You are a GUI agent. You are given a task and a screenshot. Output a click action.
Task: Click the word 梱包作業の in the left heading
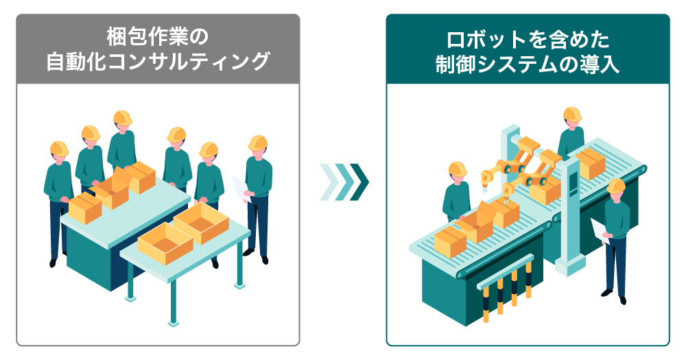tap(158, 37)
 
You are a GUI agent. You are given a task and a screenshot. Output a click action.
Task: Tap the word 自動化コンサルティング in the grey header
tap(158, 61)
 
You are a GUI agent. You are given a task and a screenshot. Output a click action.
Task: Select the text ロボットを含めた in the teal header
tap(528, 40)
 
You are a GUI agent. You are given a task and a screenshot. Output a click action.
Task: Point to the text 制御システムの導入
tap(528, 64)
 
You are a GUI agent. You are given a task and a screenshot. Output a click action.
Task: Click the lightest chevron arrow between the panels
tap(329, 182)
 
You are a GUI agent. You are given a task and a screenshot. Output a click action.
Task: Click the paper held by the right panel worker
tap(600, 230)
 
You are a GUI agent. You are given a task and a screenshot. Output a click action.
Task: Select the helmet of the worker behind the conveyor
tap(572, 114)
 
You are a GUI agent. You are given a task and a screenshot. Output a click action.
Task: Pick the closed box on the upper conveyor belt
tap(590, 163)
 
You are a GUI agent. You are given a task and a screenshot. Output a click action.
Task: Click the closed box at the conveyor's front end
tap(450, 242)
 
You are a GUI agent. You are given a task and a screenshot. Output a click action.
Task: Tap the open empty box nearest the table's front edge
tap(165, 243)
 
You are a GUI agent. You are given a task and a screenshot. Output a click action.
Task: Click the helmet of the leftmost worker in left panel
tap(59, 148)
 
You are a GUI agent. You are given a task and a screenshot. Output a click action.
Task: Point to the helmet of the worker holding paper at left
tap(258, 143)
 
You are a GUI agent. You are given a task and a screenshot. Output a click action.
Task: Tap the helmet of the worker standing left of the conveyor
tap(457, 169)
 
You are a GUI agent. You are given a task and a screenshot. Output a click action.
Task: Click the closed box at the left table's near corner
tap(85, 208)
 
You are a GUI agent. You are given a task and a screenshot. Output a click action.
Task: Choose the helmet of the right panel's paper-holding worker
tap(616, 185)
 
